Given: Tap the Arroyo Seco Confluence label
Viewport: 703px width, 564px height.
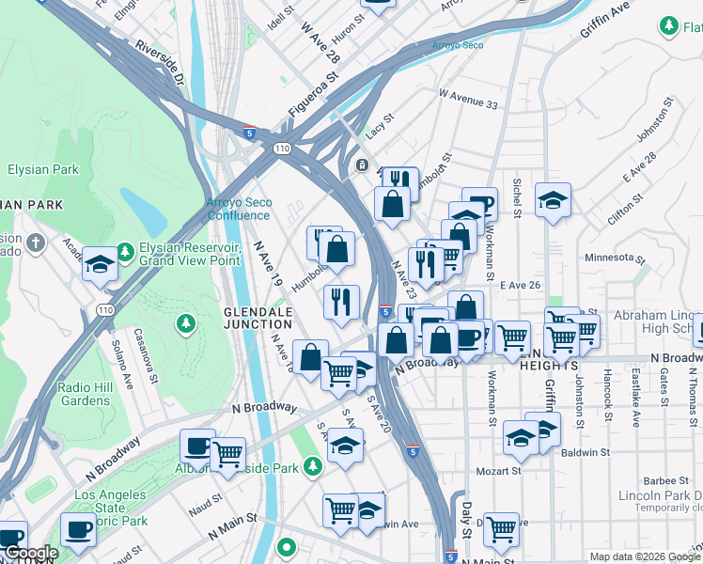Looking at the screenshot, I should (x=239, y=208).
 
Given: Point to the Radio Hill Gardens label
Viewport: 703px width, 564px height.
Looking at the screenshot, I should (x=96, y=394).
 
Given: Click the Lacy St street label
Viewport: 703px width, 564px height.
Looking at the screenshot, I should (x=379, y=135).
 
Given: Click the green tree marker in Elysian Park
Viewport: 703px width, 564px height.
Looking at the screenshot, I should (x=186, y=324).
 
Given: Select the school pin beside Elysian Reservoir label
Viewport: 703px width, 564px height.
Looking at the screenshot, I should (x=100, y=264).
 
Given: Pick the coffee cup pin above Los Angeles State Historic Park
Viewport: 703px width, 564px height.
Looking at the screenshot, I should (x=78, y=529).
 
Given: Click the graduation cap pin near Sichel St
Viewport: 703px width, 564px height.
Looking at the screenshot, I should (x=553, y=200).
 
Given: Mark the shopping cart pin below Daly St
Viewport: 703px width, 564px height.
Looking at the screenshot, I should (x=502, y=528).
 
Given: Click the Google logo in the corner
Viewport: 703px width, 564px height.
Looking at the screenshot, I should (x=30, y=554).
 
